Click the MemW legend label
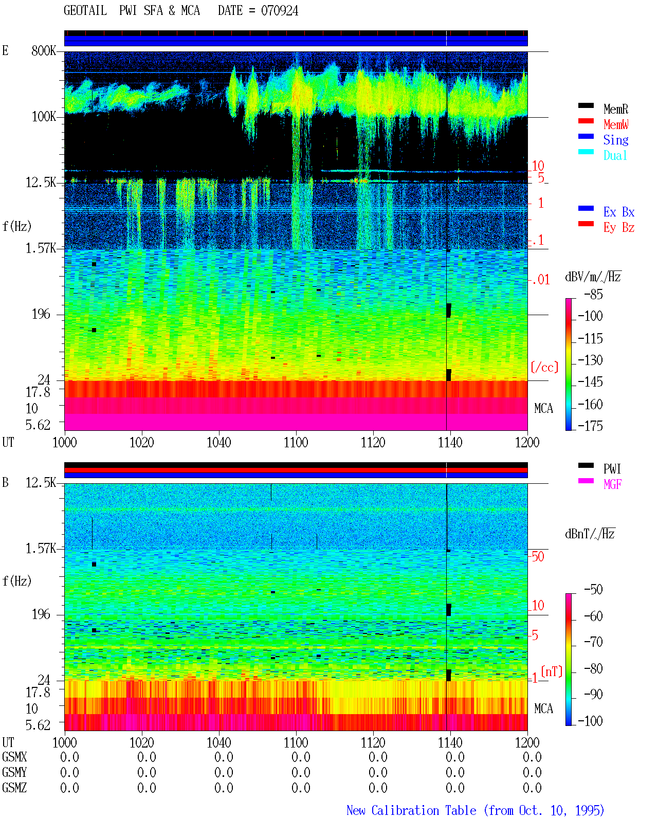(615, 124)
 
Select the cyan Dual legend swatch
(586, 152)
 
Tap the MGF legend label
(612, 484)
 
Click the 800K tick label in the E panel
(44, 50)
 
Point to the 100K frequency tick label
(44, 117)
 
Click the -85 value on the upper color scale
(593, 294)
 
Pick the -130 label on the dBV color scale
(590, 360)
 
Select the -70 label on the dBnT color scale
(593, 642)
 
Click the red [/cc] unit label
(544, 367)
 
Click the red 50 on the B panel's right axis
(538, 557)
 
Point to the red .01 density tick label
(540, 280)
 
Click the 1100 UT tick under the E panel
(296, 443)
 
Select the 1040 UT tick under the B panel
(219, 742)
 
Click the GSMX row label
(14, 757)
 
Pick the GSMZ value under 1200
(532, 788)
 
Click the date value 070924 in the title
(279, 11)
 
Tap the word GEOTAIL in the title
(85, 11)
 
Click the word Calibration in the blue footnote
(424, 810)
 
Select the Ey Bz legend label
(619, 228)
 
